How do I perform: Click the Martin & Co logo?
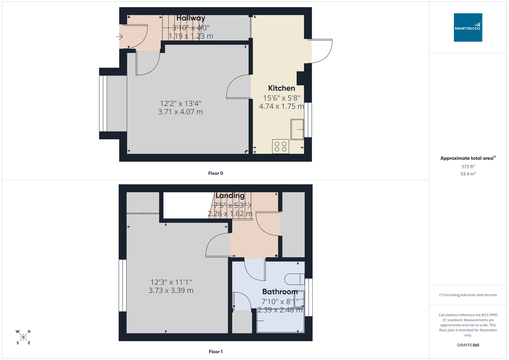pyautogui.click(x=468, y=28)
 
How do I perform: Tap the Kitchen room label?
pyautogui.click(x=282, y=88)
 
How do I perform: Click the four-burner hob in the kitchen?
pyautogui.click(x=280, y=146)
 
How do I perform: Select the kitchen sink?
pyautogui.click(x=297, y=129)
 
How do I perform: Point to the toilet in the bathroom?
pyautogui.click(x=294, y=279)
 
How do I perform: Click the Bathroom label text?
pyautogui.click(x=280, y=292)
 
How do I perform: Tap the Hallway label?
pyautogui.click(x=191, y=18)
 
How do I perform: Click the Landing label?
pyautogui.click(x=230, y=195)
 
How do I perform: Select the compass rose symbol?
pyautogui.click(x=23, y=337)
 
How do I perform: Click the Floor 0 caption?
pyautogui.click(x=215, y=173)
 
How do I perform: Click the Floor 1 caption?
pyautogui.click(x=215, y=352)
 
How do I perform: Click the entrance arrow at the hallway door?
pyautogui.click(x=120, y=37)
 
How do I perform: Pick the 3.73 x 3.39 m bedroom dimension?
pyautogui.click(x=171, y=290)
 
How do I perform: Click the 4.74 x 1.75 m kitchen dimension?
pyautogui.click(x=282, y=106)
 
